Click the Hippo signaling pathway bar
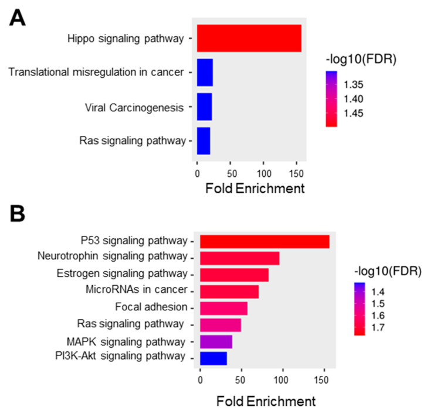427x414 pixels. click(249, 39)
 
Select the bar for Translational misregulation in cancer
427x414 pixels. click(205, 73)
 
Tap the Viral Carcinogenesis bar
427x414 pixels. click(204, 107)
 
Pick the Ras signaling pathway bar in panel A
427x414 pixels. click(204, 141)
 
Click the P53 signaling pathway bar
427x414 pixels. click(265, 241)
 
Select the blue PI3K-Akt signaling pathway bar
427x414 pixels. click(213, 358)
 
